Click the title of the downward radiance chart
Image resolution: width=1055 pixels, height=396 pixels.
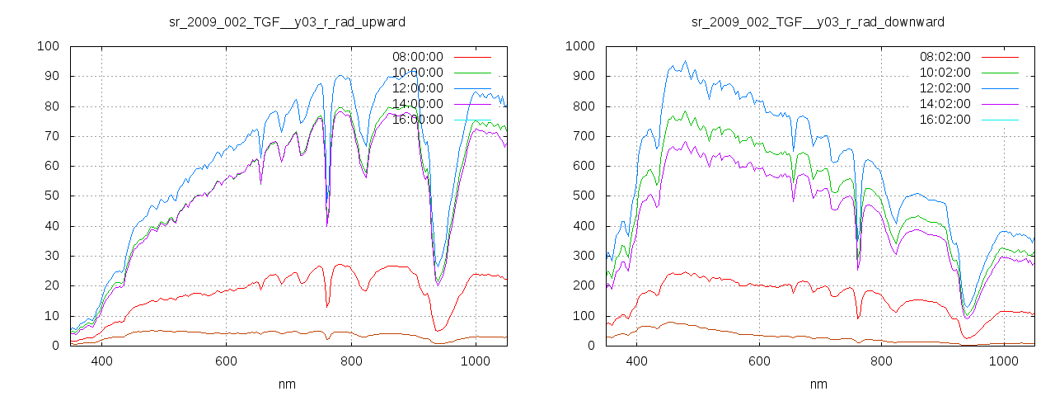click(x=818, y=21)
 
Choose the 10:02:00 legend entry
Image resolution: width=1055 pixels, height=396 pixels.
click(x=945, y=73)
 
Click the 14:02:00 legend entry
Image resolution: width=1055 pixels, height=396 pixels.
click(x=945, y=104)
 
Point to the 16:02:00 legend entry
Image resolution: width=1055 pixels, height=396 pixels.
click(x=945, y=120)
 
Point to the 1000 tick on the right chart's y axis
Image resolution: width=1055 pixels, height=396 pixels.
click(x=579, y=46)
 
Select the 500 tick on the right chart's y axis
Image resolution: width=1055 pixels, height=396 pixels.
click(x=583, y=196)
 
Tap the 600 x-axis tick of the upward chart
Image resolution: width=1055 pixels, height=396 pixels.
click(x=227, y=361)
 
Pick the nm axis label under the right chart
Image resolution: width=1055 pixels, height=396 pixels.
click(x=818, y=384)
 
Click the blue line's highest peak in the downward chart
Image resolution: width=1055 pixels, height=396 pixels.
click(x=684, y=61)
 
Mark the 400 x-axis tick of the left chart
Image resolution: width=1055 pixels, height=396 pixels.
click(x=102, y=361)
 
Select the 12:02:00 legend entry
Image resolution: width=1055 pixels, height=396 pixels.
click(x=945, y=88)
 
